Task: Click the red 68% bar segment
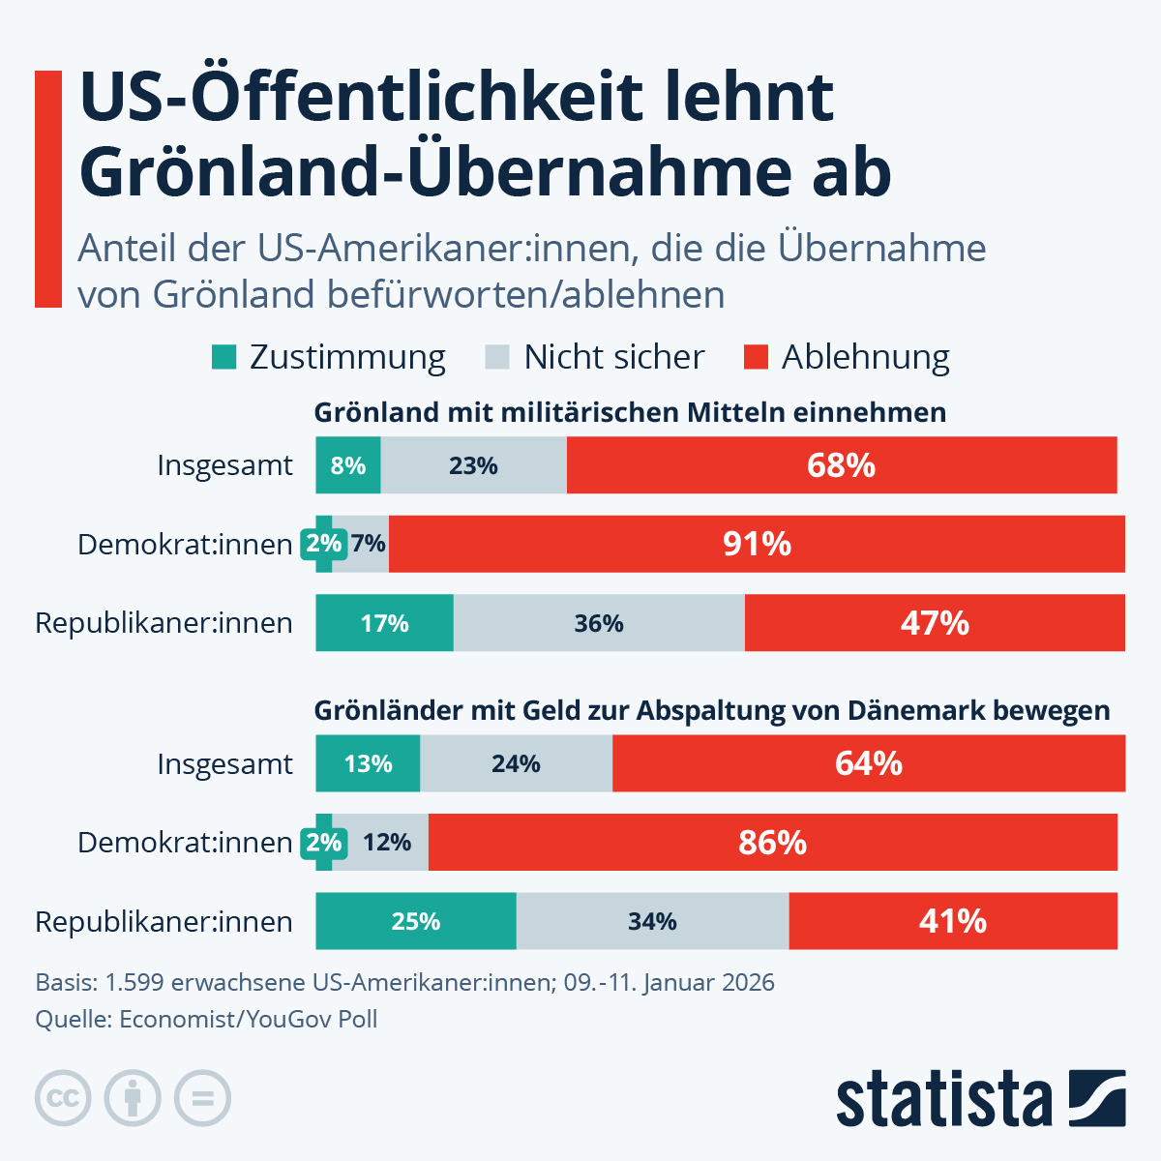pos(842,465)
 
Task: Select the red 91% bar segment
pos(757,544)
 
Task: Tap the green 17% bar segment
pos(385,623)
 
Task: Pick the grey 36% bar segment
pos(599,623)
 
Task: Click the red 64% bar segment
pos(869,763)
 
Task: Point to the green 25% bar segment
pos(416,921)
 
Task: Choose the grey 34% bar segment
pos(652,921)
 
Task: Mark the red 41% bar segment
pos(953,921)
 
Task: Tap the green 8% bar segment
pos(348,465)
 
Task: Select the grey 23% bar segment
pos(473,465)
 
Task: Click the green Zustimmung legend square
pos(223,358)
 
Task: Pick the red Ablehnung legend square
pos(756,358)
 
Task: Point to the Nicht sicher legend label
pos(613,357)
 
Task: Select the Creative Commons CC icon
pos(63,1098)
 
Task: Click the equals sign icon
pos(202,1098)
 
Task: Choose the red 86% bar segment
pos(772,843)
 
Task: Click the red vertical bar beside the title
pos(48,189)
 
